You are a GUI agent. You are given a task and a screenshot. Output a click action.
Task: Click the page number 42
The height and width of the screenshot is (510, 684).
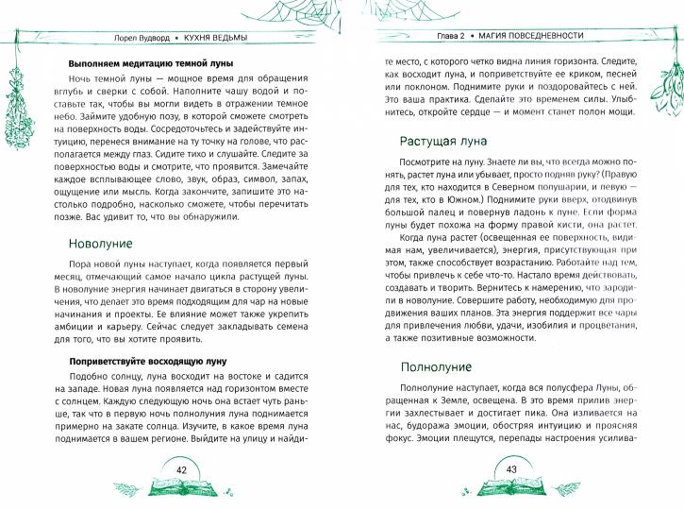click(x=184, y=469)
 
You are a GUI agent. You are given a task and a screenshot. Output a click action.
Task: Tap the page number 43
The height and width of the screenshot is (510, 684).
click(x=513, y=469)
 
